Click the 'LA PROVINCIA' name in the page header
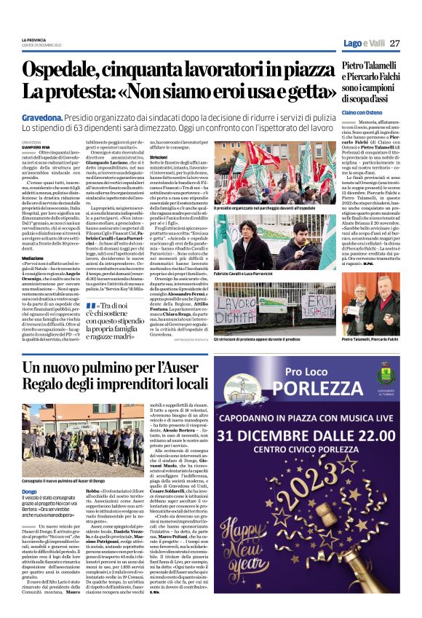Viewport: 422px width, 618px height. tap(32, 41)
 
